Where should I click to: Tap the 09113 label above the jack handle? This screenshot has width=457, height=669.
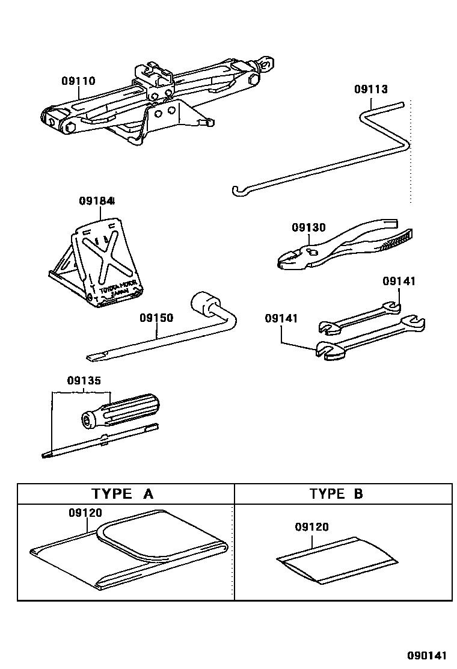[x=370, y=89]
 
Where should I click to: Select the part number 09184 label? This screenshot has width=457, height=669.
[x=97, y=201]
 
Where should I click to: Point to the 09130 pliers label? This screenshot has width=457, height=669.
[x=308, y=227]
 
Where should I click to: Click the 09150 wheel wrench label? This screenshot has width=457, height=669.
[x=156, y=317]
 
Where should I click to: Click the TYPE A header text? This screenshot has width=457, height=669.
[x=123, y=494]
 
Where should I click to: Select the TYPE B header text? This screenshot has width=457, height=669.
[x=337, y=494]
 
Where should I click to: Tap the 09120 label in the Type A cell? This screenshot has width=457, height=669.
[x=85, y=513]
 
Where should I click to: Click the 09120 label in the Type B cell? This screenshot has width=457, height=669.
[x=311, y=527]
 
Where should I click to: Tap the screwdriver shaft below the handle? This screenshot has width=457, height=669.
[x=96, y=442]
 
